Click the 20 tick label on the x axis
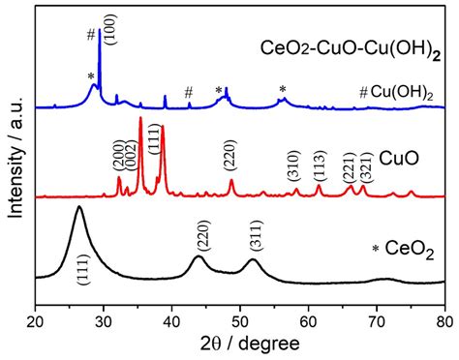[36, 318]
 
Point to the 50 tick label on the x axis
[240, 318]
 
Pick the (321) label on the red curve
[365, 166]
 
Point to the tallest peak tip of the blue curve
[100, 31]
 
